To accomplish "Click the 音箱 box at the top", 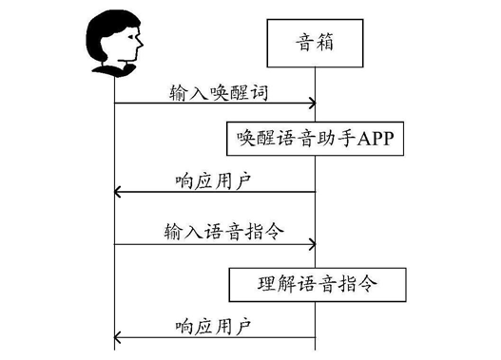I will pyautogui.click(x=315, y=44).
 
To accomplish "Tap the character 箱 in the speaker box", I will pyautogui.click(x=328, y=44).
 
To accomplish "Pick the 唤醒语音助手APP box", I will pyautogui.click(x=315, y=140).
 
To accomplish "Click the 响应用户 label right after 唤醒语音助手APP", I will pyautogui.click(x=214, y=179).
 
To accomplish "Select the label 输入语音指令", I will pyautogui.click(x=214, y=231).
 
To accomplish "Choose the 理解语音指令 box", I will pyautogui.click(x=315, y=283).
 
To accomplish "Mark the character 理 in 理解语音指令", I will pyautogui.click(x=267, y=283).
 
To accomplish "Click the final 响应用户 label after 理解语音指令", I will pyautogui.click(x=214, y=324).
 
